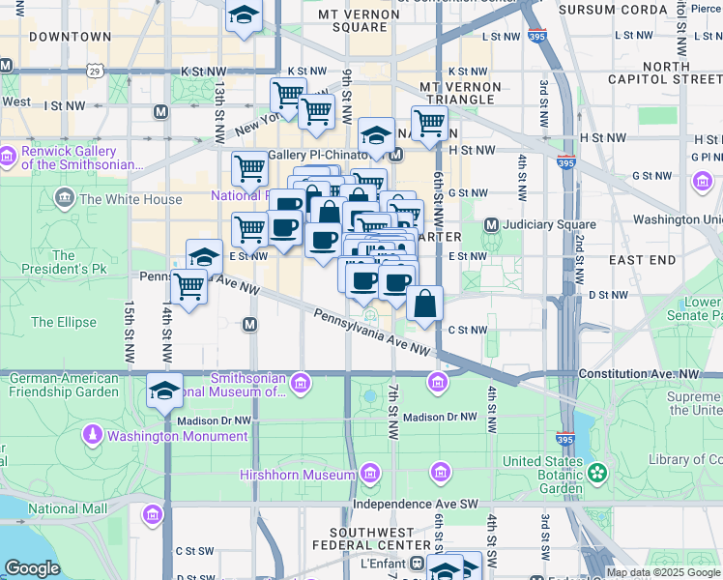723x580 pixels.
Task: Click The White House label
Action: (x=130, y=200)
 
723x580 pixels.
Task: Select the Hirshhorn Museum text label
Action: (x=298, y=476)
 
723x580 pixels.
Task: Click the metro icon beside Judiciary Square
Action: (x=491, y=225)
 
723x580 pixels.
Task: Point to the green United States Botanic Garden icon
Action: (x=598, y=473)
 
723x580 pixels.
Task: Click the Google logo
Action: (x=32, y=568)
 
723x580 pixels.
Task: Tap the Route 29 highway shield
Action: (x=94, y=71)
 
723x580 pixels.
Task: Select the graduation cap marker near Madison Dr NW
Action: (x=165, y=391)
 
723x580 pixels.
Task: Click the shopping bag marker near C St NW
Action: (x=424, y=304)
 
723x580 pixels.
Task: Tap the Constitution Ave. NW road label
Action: (x=638, y=373)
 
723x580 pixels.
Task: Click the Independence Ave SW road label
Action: (x=416, y=504)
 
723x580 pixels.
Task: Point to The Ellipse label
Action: (x=56, y=322)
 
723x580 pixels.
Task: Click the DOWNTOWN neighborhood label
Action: (x=70, y=37)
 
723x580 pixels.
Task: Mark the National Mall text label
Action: (x=67, y=508)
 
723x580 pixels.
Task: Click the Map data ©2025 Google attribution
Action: (x=662, y=572)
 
